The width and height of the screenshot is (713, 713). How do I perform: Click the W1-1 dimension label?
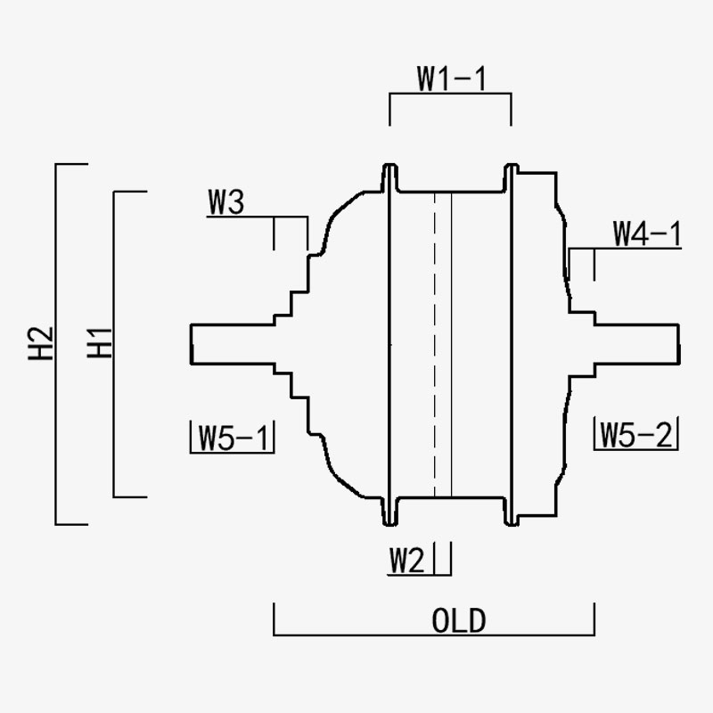pos(452,79)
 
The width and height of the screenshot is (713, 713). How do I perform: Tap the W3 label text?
pos(226,201)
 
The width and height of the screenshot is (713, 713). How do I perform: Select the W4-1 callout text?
pos(647,234)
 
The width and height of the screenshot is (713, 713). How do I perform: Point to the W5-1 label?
pos(233,438)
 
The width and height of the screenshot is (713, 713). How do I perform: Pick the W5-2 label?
pos(635,435)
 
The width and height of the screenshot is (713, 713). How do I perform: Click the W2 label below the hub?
pos(407,561)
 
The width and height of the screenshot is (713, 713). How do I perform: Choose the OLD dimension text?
pos(459,620)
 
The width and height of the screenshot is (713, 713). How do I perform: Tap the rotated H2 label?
pos(41,344)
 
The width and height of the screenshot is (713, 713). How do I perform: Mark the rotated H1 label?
pos(99,343)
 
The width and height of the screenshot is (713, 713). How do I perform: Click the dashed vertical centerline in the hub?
pos(435,345)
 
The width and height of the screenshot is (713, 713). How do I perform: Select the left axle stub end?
pos(192,344)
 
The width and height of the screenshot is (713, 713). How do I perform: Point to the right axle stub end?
pos(679,344)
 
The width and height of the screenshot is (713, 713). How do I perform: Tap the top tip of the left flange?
pos(389,164)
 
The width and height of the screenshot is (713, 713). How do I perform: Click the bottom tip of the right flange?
pos(512,525)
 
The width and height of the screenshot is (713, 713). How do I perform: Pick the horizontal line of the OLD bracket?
pos(434,635)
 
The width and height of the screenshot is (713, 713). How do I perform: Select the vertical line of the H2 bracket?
pos(56,344)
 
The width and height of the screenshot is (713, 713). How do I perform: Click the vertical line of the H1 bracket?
pos(114,344)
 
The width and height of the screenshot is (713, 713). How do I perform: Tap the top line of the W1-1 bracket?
pos(450,94)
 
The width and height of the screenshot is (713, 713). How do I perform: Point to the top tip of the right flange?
pos(512,164)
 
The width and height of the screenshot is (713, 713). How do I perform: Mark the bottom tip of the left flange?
pos(389,525)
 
